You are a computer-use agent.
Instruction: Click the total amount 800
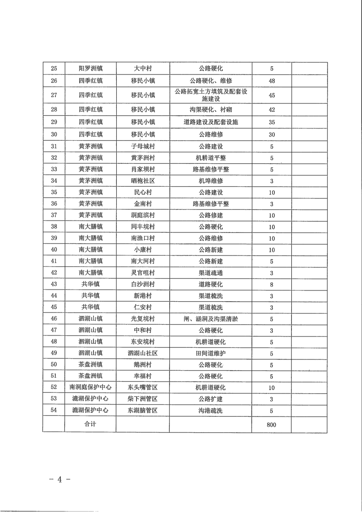coord(272,425)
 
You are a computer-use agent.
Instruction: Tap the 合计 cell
coord(90,424)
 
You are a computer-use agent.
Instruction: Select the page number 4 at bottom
coord(59,480)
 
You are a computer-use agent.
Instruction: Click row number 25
coord(54,69)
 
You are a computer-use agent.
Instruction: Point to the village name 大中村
coord(143,69)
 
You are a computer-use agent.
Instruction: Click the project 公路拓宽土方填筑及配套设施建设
coord(211,95)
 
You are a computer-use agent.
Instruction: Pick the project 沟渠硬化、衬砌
coord(211,109)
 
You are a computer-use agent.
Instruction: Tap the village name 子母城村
coord(143,146)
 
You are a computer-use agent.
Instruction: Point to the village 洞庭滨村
coord(143,215)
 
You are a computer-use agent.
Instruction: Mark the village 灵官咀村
coord(143,273)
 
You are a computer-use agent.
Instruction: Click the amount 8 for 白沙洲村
coord(272,284)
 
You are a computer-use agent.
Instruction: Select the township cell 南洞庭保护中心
coord(90,388)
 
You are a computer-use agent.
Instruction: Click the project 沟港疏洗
coord(211,411)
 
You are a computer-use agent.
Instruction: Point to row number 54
coord(54,411)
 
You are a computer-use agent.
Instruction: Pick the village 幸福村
coord(143,376)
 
